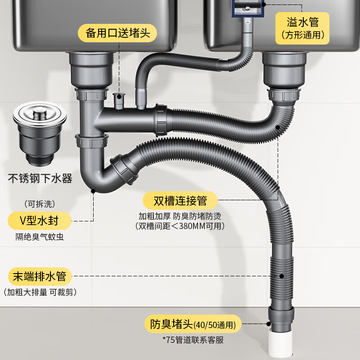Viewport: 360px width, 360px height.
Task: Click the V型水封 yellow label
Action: tap(40, 221)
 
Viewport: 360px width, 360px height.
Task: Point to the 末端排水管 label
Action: tap(40, 275)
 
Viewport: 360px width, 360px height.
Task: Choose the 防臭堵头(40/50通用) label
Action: tap(193, 324)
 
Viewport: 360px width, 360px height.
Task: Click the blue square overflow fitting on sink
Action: tap(247, 8)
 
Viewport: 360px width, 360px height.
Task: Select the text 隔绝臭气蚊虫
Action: tap(40, 237)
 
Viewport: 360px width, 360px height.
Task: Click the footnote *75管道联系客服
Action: tap(192, 340)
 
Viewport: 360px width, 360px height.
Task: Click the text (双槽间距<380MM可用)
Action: tap(180, 226)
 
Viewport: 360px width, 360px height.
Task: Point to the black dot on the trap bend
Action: tap(94, 191)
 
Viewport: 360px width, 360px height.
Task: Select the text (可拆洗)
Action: tap(39, 203)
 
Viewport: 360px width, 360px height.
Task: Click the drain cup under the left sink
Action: tap(92, 70)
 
